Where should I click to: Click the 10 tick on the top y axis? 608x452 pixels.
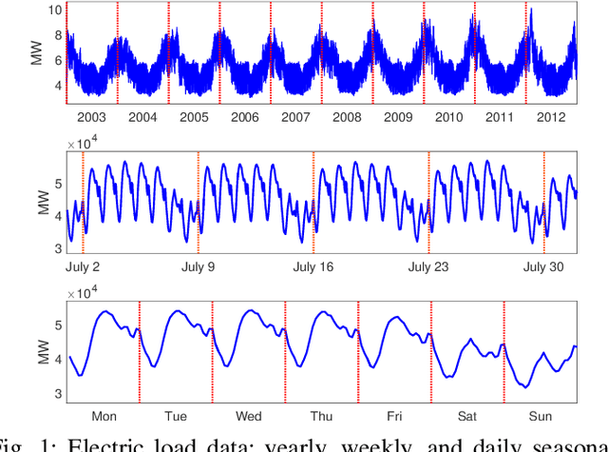coord(56,9)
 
